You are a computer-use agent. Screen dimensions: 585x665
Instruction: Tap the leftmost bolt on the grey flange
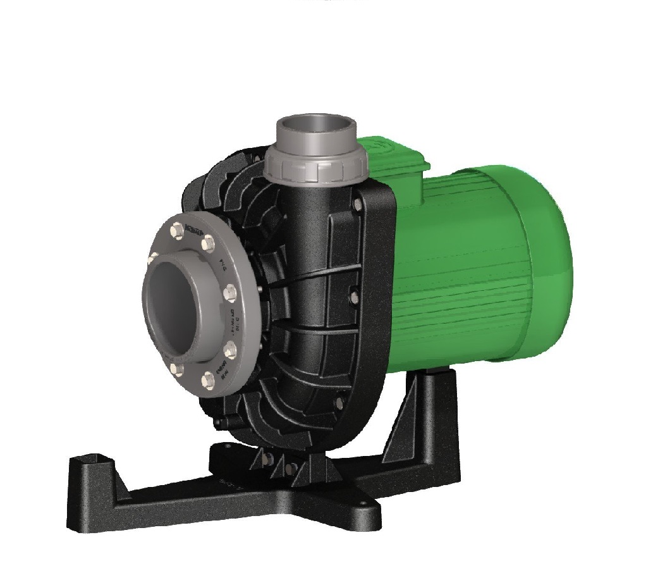coord(152,257)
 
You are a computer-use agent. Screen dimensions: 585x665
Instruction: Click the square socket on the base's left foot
coord(97,459)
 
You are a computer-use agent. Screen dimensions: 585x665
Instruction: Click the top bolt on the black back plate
coord(358,203)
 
